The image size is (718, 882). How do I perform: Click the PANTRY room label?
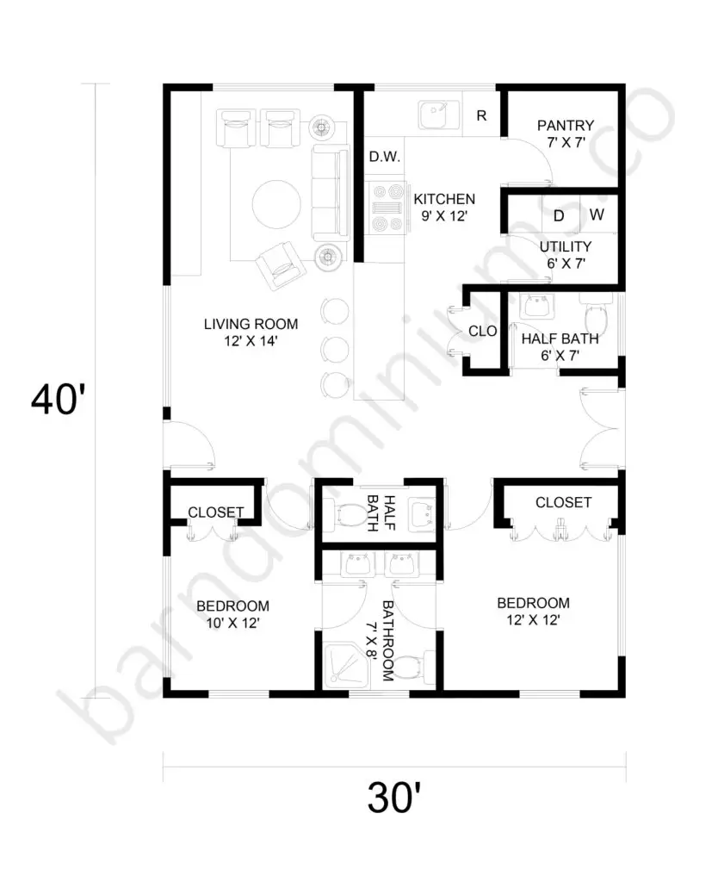(x=565, y=126)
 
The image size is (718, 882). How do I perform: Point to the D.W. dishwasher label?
(x=385, y=157)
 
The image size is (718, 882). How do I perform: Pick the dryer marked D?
(x=560, y=214)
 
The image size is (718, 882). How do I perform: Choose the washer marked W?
(x=598, y=214)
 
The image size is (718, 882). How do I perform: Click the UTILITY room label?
(x=565, y=247)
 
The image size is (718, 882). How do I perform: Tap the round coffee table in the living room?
(x=276, y=203)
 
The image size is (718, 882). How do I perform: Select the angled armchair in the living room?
(x=281, y=265)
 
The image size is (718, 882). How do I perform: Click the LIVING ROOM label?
(x=251, y=324)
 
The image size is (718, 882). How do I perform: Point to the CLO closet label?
(x=482, y=332)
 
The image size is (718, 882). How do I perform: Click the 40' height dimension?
(x=58, y=400)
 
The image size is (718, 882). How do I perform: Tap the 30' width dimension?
(x=394, y=797)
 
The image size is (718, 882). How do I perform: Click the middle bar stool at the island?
(x=335, y=348)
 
